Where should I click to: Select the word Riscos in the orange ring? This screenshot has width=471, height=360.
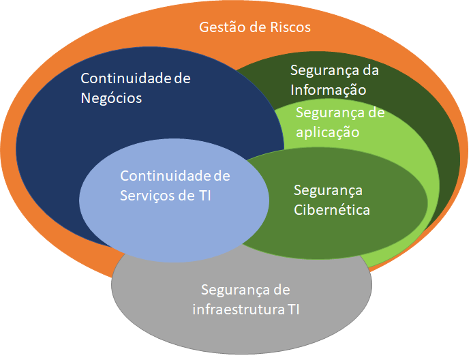(x=289, y=28)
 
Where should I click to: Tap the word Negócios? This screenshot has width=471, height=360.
(x=111, y=97)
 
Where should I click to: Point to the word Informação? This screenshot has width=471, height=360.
(x=329, y=89)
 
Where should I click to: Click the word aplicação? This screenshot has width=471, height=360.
(x=327, y=132)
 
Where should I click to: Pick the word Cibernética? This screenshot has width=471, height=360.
(x=332, y=209)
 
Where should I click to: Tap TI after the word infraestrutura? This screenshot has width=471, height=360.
(x=292, y=310)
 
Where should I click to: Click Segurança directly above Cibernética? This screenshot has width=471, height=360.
(x=328, y=190)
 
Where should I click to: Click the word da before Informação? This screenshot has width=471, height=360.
(x=370, y=70)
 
